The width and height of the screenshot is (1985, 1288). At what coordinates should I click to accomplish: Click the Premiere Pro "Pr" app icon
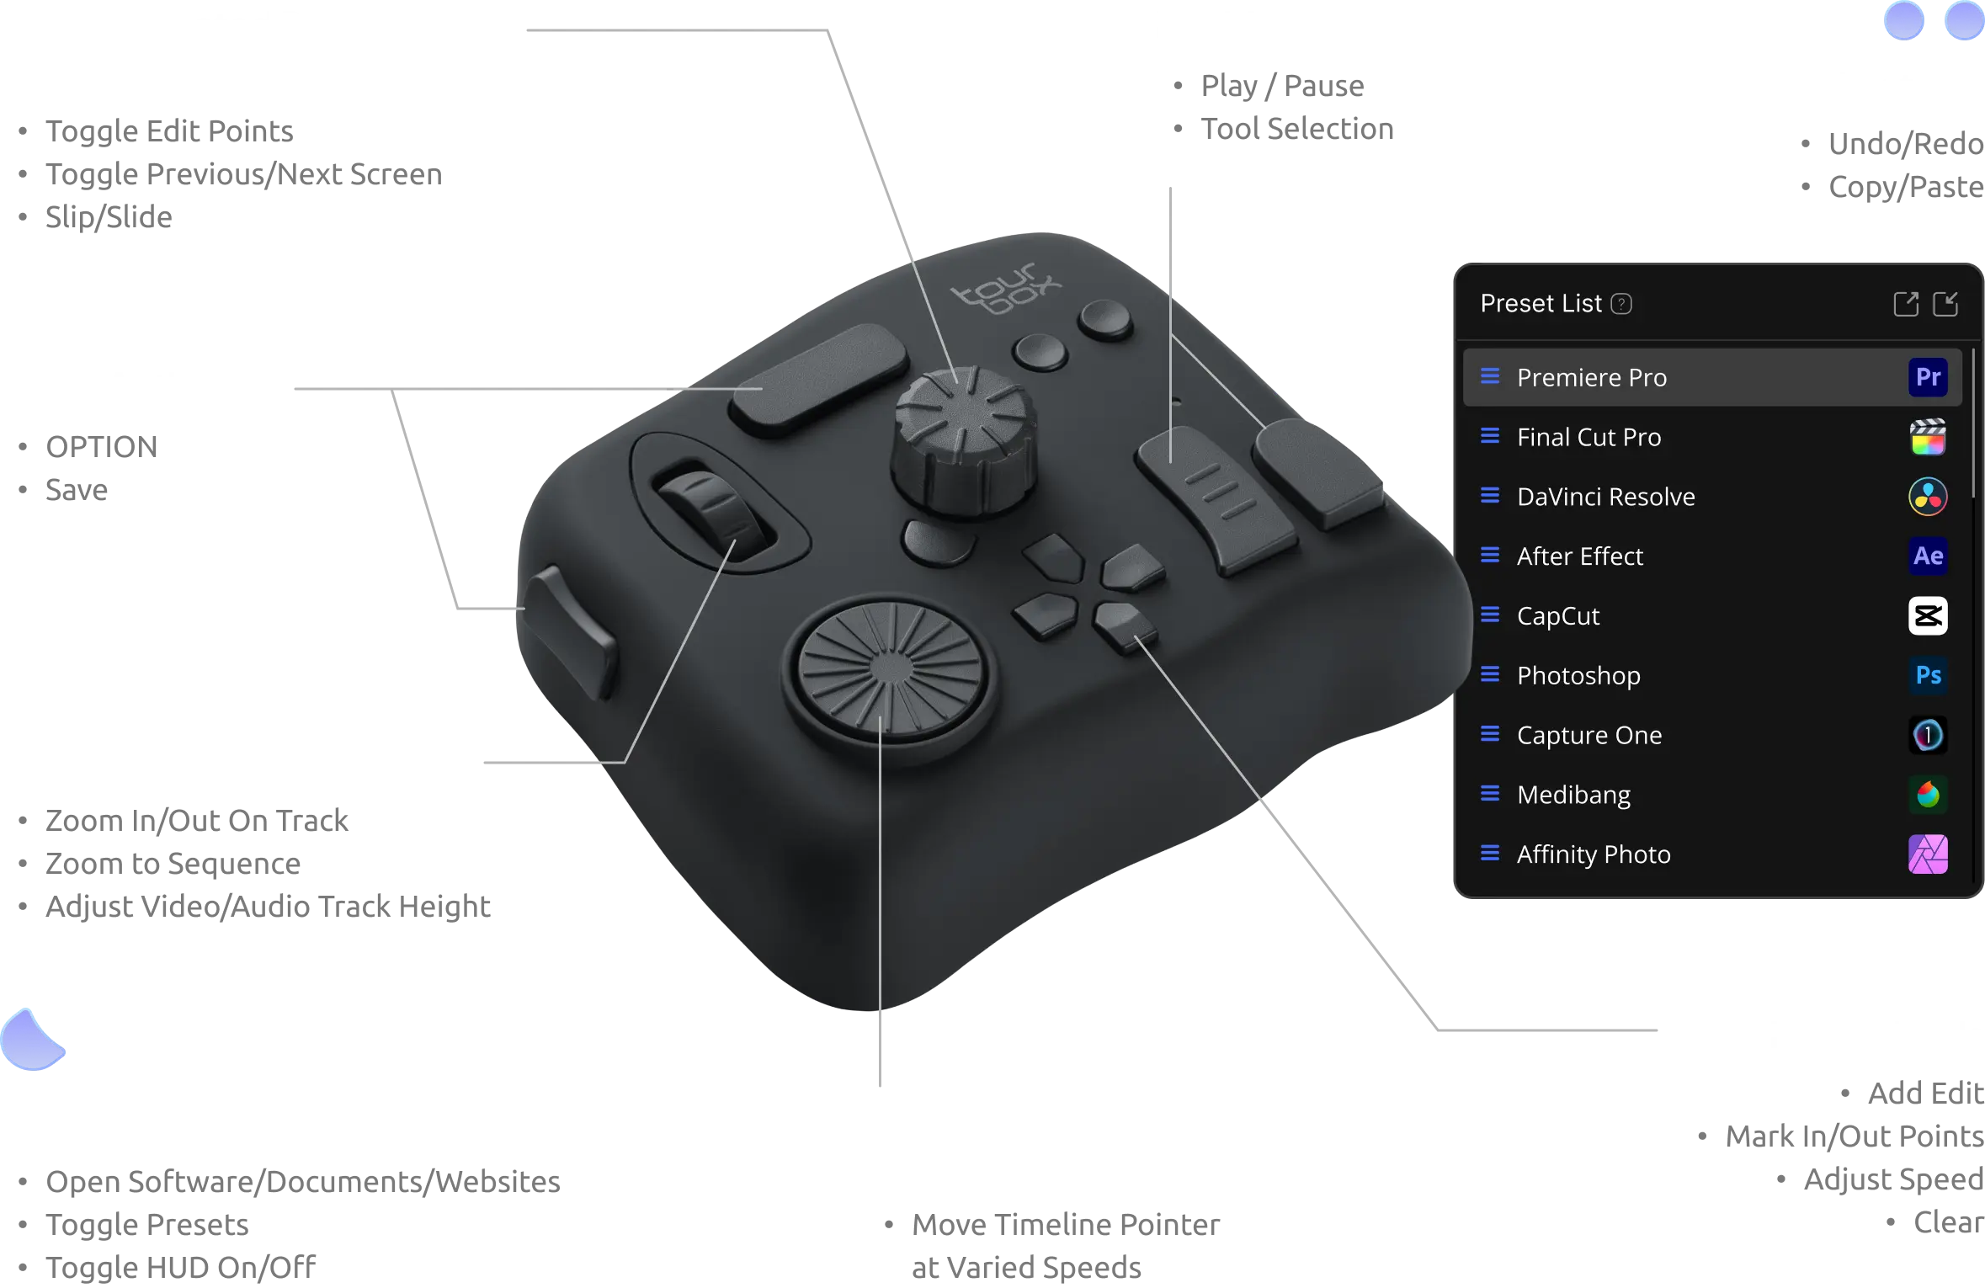[x=1928, y=376]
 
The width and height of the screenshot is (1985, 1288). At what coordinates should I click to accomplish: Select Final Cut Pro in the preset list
[x=1589, y=437]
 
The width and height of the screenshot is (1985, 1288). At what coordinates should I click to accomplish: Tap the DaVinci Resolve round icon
[x=1928, y=496]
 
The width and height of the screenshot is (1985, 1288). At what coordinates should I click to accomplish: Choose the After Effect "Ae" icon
[x=1928, y=556]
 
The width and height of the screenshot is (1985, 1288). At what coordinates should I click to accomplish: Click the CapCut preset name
[x=1558, y=616]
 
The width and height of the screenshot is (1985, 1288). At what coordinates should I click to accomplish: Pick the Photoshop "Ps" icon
[x=1928, y=675]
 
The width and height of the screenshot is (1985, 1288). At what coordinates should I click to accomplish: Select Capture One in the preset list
[x=1589, y=736]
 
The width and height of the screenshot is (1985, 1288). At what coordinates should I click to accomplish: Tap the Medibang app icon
[x=1928, y=794]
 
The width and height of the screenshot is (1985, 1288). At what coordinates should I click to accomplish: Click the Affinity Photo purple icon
[x=1928, y=854]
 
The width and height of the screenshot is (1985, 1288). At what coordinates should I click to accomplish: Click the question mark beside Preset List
[x=1621, y=304]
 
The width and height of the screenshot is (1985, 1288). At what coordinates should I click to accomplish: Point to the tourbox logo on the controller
[x=1006, y=288]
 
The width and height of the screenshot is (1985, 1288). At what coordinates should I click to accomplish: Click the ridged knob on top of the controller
[x=964, y=438]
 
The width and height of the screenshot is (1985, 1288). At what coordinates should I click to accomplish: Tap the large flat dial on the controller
[x=891, y=669]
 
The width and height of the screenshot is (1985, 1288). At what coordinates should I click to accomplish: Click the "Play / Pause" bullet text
[x=1282, y=86]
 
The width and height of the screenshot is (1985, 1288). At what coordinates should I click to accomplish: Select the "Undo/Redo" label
[x=1906, y=144]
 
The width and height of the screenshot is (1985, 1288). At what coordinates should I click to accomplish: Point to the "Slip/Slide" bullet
[x=109, y=217]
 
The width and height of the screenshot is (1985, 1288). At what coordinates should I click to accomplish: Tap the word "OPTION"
[x=101, y=447]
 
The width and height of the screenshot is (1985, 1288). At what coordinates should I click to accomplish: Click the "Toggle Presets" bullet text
[x=147, y=1225]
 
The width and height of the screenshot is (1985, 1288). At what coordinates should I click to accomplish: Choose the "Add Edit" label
[x=1926, y=1094]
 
